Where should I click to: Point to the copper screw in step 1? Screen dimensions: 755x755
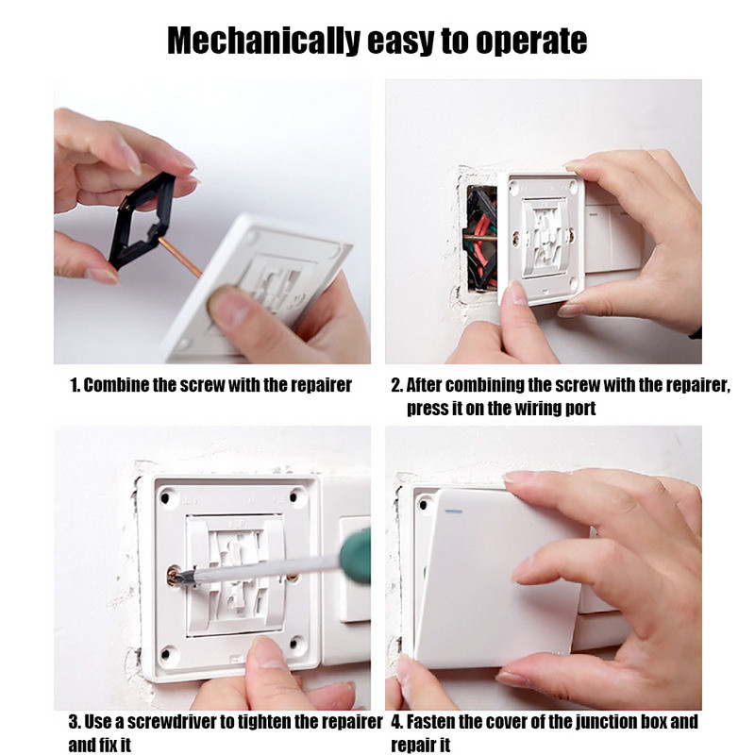tap(178, 256)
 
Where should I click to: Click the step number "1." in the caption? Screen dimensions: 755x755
tap(75, 385)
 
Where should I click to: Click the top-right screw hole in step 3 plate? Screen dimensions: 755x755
tap(297, 494)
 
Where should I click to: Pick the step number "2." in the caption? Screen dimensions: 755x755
tap(396, 385)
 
